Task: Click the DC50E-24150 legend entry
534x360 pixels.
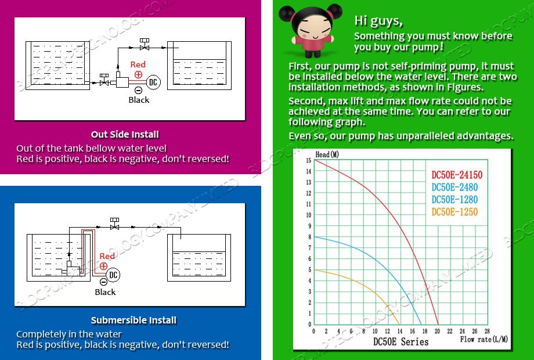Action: click(457, 175)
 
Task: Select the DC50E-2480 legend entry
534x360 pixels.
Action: click(454, 188)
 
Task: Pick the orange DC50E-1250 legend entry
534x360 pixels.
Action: click(454, 212)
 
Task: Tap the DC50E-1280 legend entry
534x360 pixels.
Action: click(454, 200)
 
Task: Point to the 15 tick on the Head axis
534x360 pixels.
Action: click(309, 160)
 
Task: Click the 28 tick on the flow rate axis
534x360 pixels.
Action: click(487, 331)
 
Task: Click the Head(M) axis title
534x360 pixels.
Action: click(327, 154)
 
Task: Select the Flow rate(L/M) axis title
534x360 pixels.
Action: click(484, 339)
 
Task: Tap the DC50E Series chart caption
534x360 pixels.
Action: click(400, 341)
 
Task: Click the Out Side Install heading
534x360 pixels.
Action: click(125, 135)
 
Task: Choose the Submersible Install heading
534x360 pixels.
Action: click(133, 321)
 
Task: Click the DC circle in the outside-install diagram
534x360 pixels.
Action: click(153, 82)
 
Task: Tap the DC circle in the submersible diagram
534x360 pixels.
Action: click(113, 275)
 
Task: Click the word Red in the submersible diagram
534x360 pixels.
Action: click(107, 256)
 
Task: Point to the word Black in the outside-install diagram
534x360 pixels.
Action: click(139, 100)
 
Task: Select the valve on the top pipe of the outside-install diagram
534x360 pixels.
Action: click(145, 45)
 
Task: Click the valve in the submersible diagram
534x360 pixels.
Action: click(114, 224)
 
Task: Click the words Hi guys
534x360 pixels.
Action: click(378, 21)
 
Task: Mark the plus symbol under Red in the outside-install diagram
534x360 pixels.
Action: click(138, 74)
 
